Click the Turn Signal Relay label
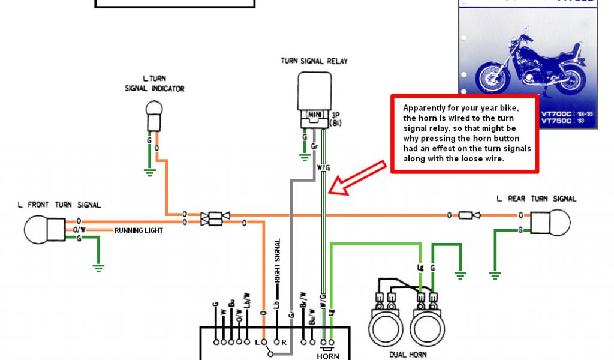314,61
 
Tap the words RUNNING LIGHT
139,230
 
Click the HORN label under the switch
328,356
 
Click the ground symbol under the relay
305,157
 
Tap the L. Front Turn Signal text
59,205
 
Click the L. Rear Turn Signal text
537,199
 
